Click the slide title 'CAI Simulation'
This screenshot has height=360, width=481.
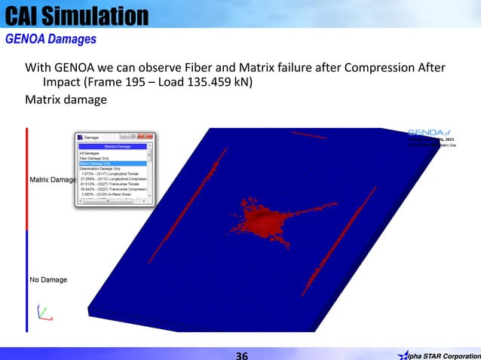[x=75, y=14]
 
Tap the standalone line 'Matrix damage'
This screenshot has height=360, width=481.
[x=63, y=99]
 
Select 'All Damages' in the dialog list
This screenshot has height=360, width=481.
[x=90, y=153]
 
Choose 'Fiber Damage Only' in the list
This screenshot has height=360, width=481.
[x=96, y=158]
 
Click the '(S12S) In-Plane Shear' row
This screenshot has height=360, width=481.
[x=110, y=194]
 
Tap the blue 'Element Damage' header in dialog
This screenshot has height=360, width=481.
[x=114, y=147]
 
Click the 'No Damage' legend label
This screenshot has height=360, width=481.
[x=47, y=280]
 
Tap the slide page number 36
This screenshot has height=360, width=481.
[x=240, y=355]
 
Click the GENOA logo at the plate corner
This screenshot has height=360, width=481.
[x=427, y=132]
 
